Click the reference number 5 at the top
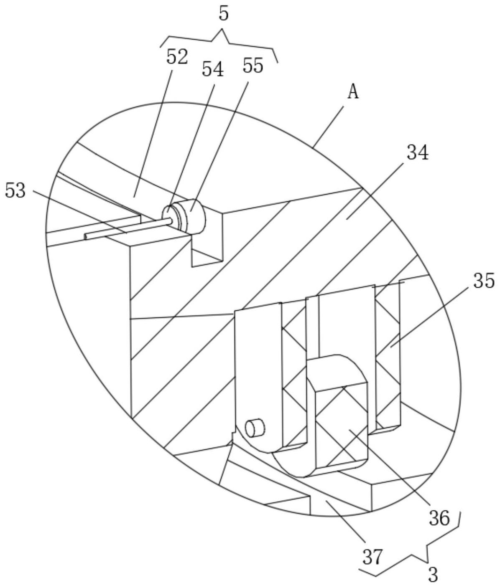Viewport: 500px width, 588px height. (224, 14)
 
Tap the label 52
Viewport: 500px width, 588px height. (177, 57)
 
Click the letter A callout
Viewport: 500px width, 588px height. (353, 92)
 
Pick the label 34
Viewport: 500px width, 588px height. (418, 153)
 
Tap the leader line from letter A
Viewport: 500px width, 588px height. (329, 126)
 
